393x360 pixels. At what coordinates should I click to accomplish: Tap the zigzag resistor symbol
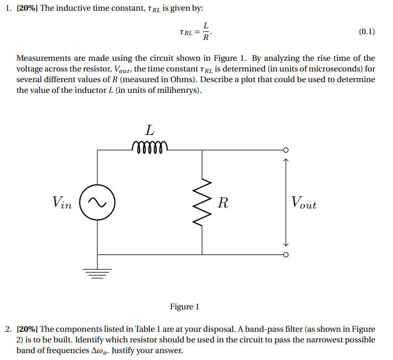tap(202, 202)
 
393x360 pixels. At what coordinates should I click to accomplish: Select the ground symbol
tap(97, 274)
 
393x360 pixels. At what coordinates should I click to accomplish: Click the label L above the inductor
tap(150, 130)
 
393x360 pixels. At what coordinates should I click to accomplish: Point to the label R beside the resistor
tap(223, 203)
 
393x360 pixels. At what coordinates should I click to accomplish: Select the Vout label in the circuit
tap(303, 203)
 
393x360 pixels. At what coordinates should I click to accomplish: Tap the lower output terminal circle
tap(286, 254)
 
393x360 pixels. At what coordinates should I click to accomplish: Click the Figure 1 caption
tap(185, 307)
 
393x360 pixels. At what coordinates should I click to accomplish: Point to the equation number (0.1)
tap(366, 32)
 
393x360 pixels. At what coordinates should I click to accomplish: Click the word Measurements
tap(42, 58)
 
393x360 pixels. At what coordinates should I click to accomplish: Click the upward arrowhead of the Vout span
tap(286, 158)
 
